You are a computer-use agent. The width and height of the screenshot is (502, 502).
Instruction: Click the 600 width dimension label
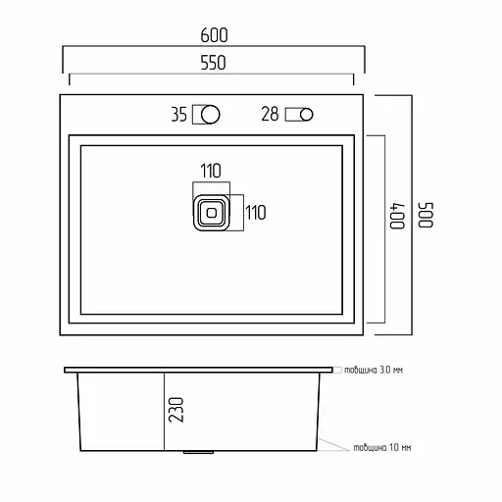tap(214, 35)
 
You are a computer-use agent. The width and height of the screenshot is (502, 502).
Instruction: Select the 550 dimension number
tap(213, 63)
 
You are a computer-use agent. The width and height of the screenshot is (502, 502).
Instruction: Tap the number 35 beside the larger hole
tap(179, 115)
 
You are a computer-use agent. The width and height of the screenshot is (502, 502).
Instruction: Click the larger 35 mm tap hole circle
tap(210, 115)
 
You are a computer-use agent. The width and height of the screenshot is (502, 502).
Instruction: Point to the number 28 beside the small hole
tap(270, 114)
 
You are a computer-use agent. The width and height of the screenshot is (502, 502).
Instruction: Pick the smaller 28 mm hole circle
tap(306, 115)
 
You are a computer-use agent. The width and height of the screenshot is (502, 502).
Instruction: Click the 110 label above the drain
tap(211, 171)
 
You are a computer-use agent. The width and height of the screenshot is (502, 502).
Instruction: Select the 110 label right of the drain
tap(256, 213)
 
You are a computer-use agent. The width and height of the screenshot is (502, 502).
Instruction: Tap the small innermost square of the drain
tap(212, 213)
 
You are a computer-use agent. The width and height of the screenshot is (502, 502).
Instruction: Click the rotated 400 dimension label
tap(397, 216)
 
